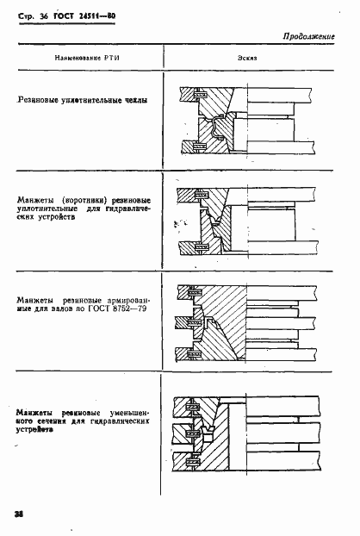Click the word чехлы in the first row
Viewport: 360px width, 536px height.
[133, 101]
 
